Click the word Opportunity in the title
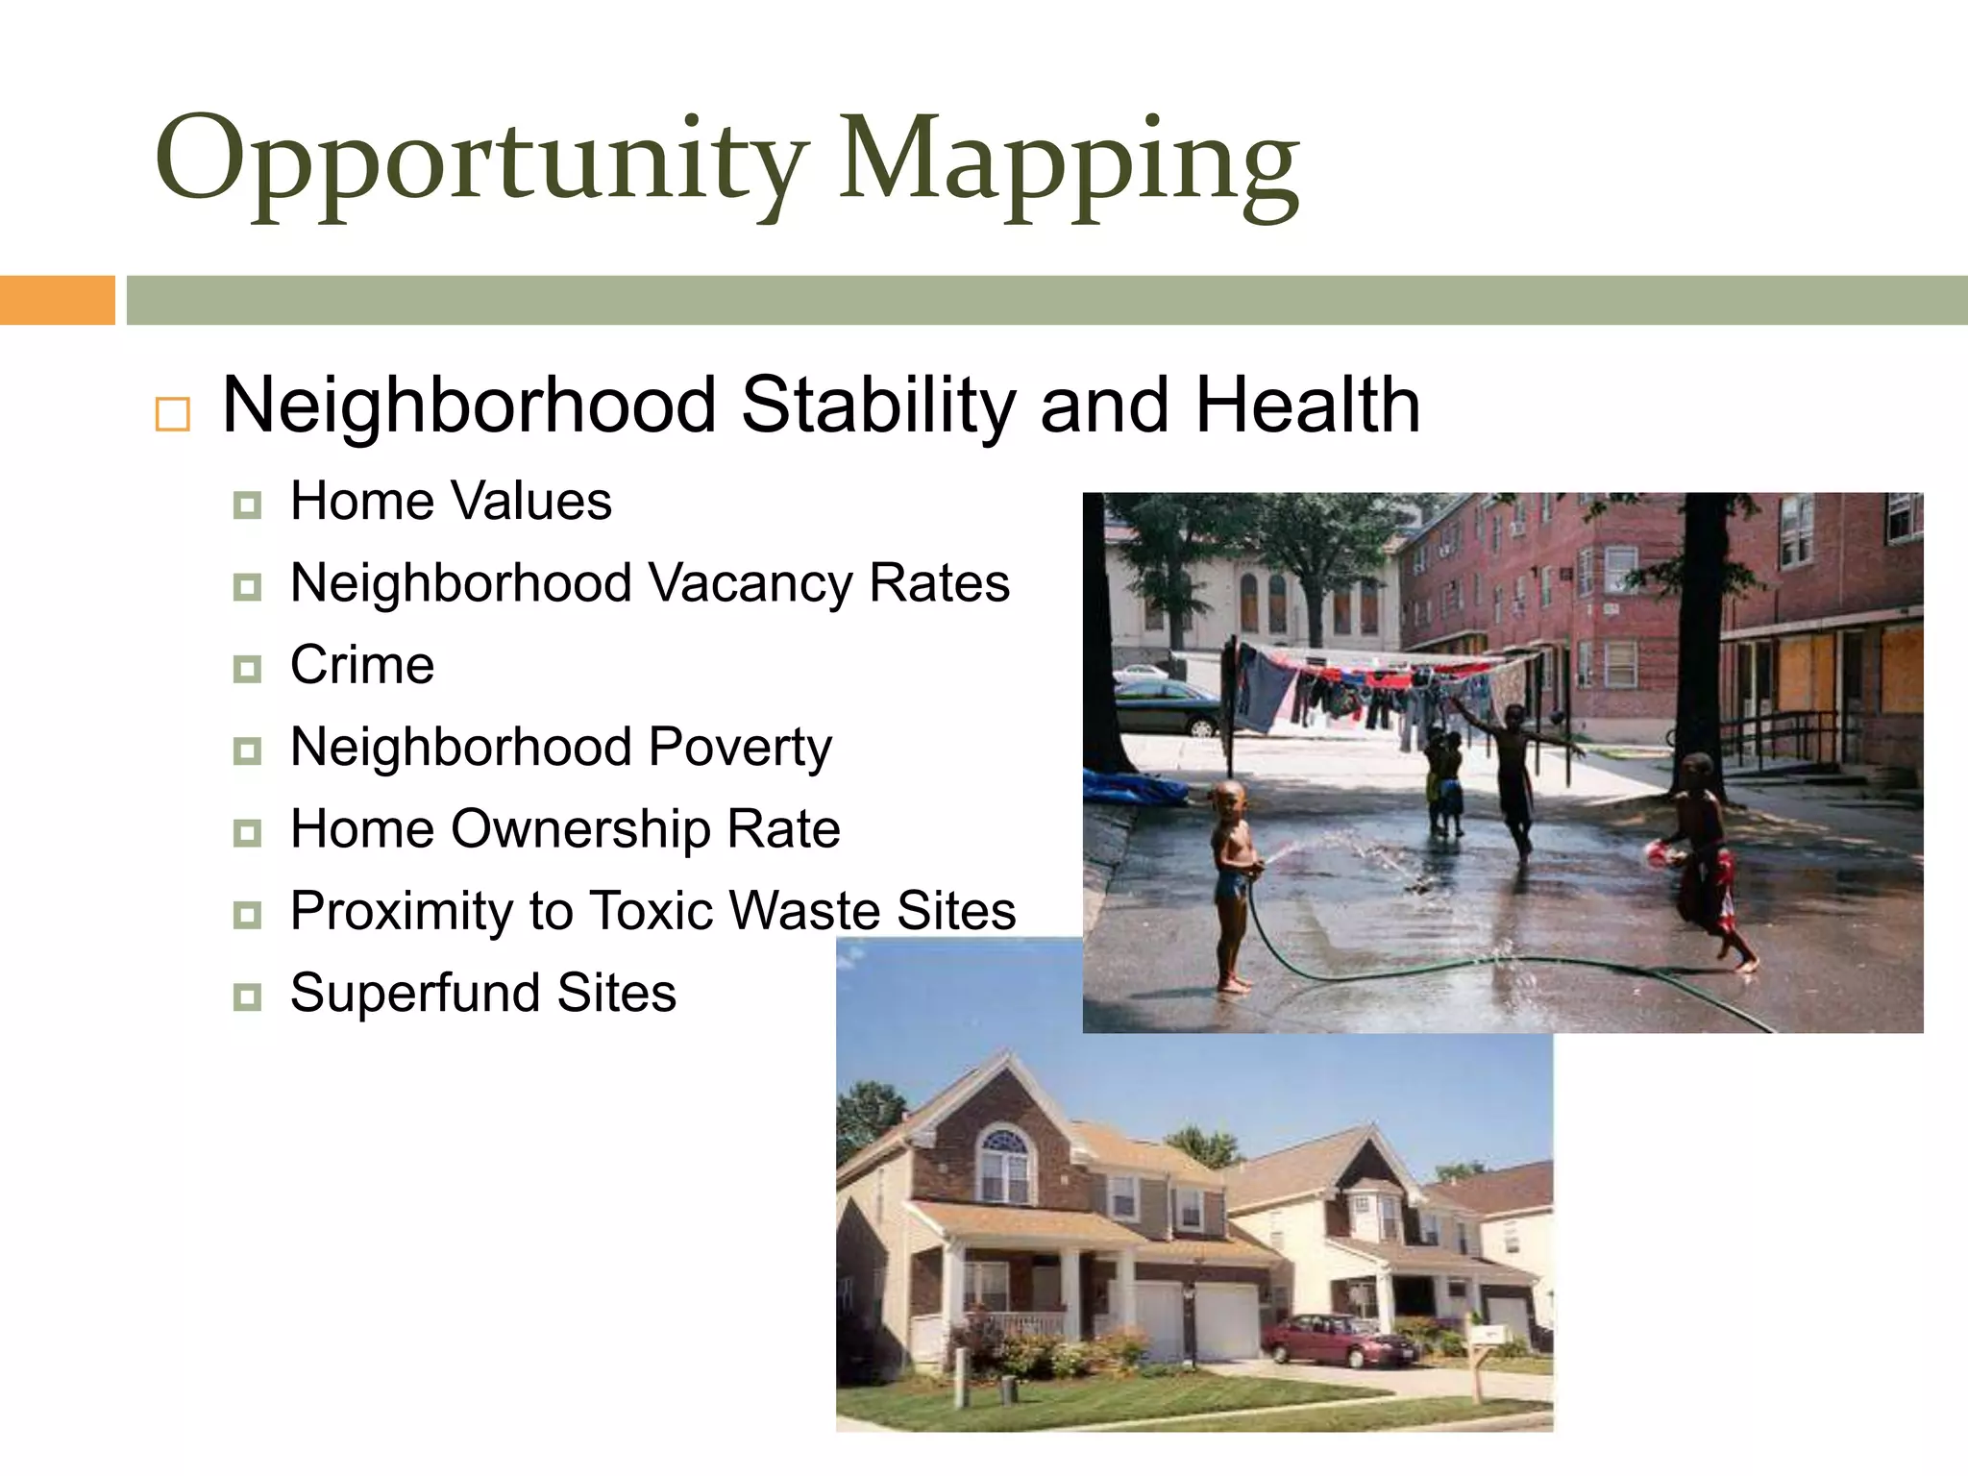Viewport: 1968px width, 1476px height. pyautogui.click(x=480, y=159)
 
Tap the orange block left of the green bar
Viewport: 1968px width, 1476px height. pyautogui.click(x=57, y=300)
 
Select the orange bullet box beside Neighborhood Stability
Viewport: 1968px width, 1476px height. pyautogui.click(x=173, y=414)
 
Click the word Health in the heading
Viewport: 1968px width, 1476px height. pyautogui.click(x=1307, y=406)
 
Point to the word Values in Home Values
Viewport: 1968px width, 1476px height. pyautogui.click(x=530, y=502)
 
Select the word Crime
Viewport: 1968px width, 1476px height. pyautogui.click(x=362, y=665)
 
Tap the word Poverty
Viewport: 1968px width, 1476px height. pyautogui.click(x=740, y=749)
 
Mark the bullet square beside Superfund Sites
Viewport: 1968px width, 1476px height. pyautogui.click(x=247, y=996)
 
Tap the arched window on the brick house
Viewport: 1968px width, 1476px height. pyautogui.click(x=1004, y=1165)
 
